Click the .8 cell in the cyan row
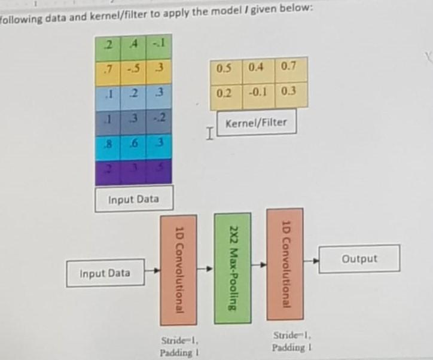click(x=107, y=144)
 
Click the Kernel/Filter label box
click(x=256, y=123)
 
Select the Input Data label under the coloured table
click(x=133, y=199)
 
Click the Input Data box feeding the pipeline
click(x=105, y=273)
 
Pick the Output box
click(x=359, y=259)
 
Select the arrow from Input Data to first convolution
click(x=153, y=270)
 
